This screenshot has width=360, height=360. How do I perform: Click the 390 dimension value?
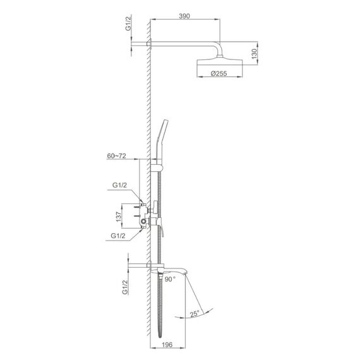[184, 16]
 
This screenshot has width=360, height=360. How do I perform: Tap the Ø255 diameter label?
[219, 73]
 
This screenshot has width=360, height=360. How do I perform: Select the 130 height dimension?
[255, 54]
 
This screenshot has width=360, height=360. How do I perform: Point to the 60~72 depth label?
[116, 156]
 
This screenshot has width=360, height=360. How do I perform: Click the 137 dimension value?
[119, 217]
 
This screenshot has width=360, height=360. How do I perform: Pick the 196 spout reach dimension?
[167, 345]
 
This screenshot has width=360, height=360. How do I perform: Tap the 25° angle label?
[194, 313]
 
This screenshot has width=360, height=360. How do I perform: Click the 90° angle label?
[170, 279]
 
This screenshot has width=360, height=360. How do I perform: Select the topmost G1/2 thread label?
[128, 23]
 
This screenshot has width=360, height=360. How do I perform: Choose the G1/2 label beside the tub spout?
[124, 287]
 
